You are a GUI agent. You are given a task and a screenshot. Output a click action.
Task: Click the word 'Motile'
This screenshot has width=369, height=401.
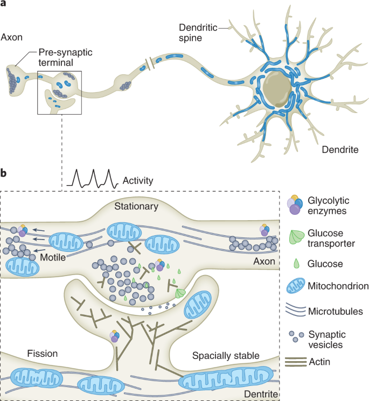pos(53,258)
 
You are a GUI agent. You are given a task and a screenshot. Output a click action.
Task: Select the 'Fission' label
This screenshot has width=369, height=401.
pos(43,354)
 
